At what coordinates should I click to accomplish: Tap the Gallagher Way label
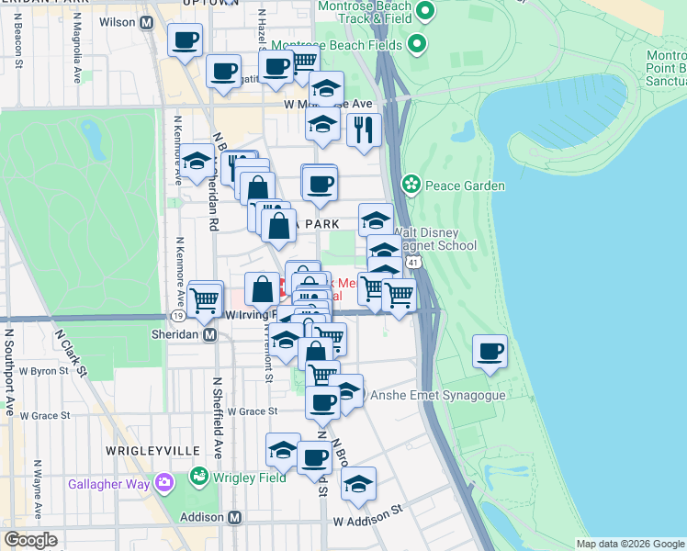tap(109, 483)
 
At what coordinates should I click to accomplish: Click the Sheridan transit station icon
tap(210, 335)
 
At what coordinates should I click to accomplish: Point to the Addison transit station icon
tap(234, 518)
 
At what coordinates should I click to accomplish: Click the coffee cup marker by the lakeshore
tap(490, 352)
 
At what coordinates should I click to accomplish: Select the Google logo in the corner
tap(30, 540)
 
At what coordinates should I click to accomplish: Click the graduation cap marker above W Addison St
tap(359, 484)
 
